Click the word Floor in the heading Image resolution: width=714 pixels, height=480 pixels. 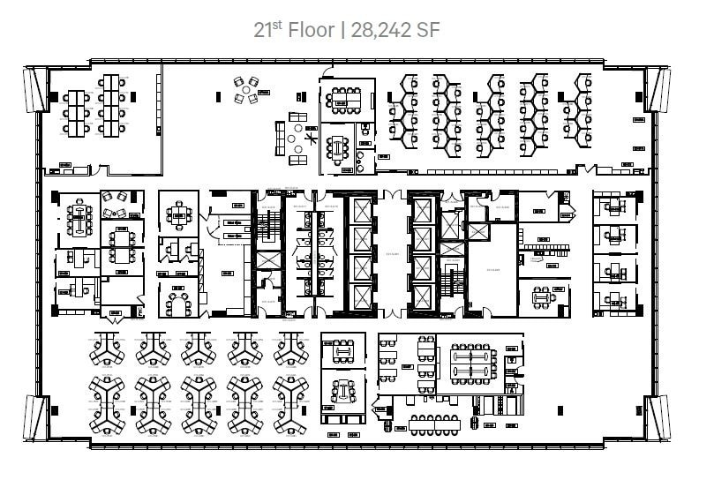coord(310,31)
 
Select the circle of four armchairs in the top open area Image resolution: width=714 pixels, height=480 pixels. coord(248,89)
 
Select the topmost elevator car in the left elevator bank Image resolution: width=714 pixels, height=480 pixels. coord(363,213)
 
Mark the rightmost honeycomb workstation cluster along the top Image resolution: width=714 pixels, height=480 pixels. coord(588,110)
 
